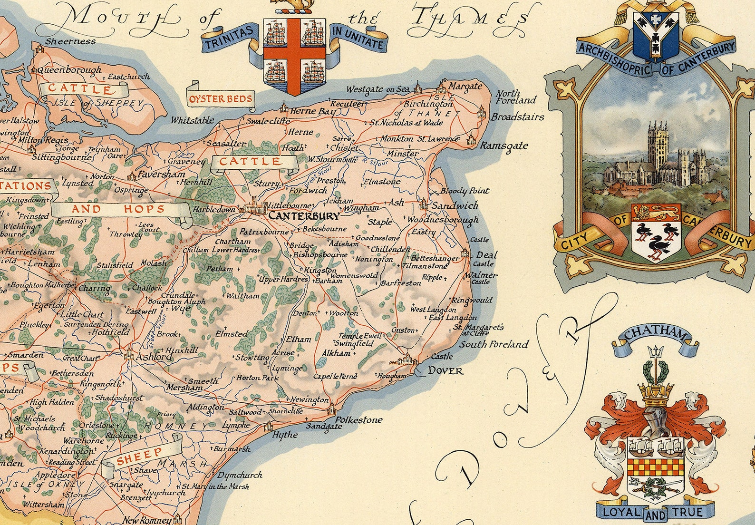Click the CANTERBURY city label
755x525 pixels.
[304, 216]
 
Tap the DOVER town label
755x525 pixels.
[445, 370]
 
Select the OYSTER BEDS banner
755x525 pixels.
[220, 100]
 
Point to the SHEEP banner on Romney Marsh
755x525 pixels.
[139, 456]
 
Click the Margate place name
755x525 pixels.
[465, 87]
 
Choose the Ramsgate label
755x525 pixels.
[503, 146]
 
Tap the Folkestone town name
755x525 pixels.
[358, 420]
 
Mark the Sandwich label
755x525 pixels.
[455, 206]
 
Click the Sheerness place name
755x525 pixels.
[70, 41]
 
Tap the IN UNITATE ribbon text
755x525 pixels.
[358, 38]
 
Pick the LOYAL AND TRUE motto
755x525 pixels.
[656, 512]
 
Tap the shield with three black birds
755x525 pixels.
[656, 234]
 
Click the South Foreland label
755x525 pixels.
[494, 344]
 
